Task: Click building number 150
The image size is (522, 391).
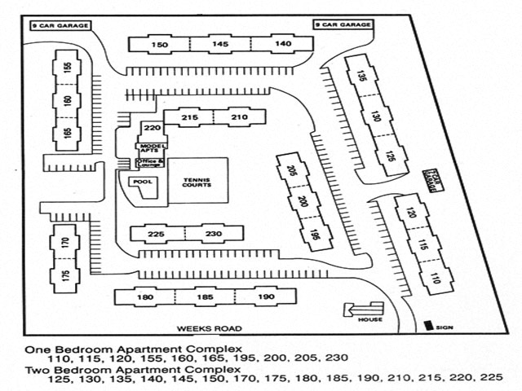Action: (160, 44)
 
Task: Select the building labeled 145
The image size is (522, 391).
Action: (220, 44)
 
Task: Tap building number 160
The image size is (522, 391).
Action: (67, 101)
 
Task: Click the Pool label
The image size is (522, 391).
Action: (144, 182)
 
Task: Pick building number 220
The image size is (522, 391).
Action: (152, 128)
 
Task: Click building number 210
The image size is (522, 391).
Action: (239, 118)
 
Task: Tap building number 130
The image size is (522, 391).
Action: (375, 116)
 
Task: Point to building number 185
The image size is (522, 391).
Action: (206, 297)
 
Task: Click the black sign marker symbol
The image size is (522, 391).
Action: (428, 326)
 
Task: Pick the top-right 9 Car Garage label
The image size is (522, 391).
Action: (342, 25)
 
